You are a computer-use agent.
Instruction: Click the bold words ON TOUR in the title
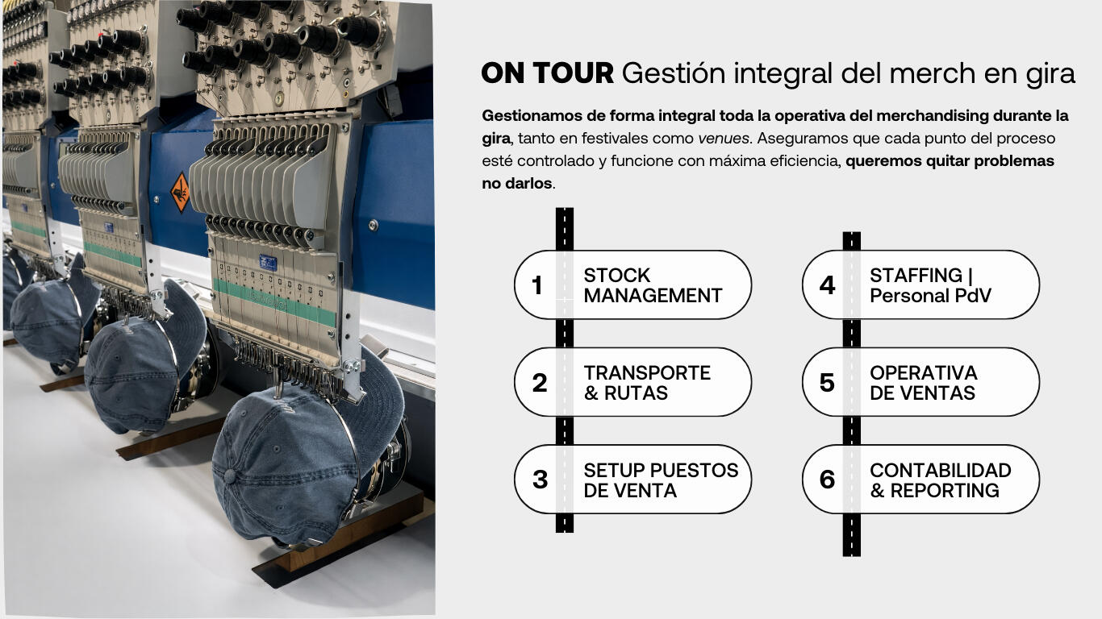[x=548, y=73]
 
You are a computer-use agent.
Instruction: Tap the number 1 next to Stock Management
[x=537, y=285]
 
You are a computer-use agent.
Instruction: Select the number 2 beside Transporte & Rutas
[x=540, y=383]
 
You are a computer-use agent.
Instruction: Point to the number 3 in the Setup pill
[x=541, y=480]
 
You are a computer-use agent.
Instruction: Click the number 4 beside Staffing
[x=828, y=285]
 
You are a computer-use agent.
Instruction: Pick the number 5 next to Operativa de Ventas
[x=828, y=383]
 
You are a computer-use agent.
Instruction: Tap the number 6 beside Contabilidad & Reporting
[x=828, y=480]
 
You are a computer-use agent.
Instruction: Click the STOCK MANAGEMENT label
[x=653, y=285]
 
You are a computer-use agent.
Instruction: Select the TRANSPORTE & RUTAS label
[x=647, y=383]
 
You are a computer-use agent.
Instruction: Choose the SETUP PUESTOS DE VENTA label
[x=661, y=480]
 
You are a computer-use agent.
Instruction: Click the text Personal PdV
[x=930, y=296]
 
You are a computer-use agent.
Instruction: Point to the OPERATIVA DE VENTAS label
[x=923, y=383]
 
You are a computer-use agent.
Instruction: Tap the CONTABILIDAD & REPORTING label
[x=940, y=480]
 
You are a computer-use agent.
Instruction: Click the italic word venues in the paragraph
[x=724, y=139]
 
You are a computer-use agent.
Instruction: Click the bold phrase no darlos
[x=517, y=184]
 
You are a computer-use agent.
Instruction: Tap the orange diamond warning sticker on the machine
[x=180, y=193]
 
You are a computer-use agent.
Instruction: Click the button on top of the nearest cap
[x=230, y=476]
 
